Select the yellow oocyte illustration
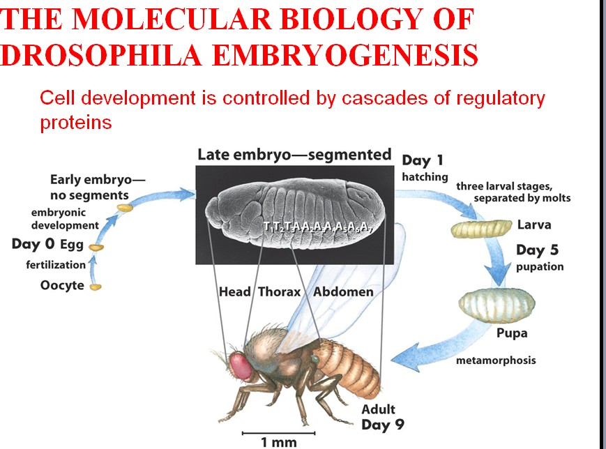click(x=95, y=286)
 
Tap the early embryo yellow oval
click(x=124, y=208)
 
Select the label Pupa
click(x=512, y=333)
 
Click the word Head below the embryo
click(x=234, y=291)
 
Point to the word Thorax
click(x=280, y=291)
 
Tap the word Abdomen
click(x=343, y=291)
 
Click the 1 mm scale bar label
click(x=279, y=442)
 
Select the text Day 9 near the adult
click(x=382, y=424)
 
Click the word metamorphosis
click(x=496, y=360)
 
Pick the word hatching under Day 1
click(x=425, y=177)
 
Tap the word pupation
click(x=540, y=266)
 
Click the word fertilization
click(x=56, y=264)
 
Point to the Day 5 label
click(x=537, y=250)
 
